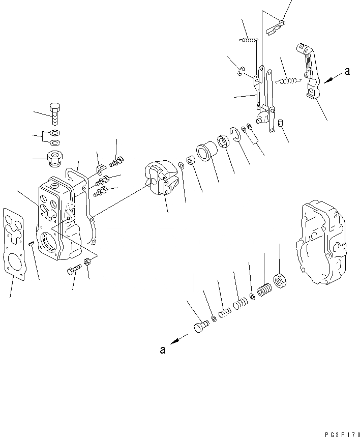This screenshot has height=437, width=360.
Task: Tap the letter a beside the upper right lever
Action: [x=347, y=72]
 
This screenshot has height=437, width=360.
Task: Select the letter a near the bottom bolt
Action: [x=162, y=349]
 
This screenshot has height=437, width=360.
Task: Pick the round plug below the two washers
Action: [x=54, y=158]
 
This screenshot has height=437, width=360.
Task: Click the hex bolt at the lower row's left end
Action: [x=201, y=326]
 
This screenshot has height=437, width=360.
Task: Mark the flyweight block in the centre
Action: [x=160, y=179]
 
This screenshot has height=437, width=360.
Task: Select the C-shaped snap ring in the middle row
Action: [x=235, y=134]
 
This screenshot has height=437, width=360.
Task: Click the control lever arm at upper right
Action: [x=309, y=71]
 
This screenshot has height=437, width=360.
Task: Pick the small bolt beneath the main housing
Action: [x=73, y=270]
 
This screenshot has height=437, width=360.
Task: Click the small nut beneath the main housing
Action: [x=87, y=261]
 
